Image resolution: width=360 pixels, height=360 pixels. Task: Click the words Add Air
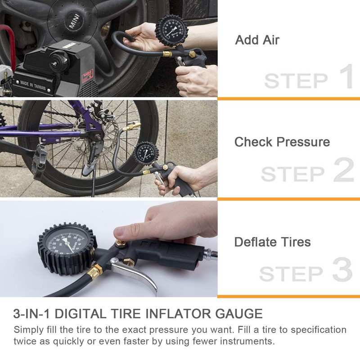click(257, 40)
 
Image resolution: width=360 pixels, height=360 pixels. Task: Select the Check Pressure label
click(282, 142)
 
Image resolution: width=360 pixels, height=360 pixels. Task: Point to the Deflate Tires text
click(272, 242)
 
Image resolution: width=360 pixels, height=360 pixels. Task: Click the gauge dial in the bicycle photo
click(147, 156)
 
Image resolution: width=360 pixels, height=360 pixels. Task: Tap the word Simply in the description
click(27, 330)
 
